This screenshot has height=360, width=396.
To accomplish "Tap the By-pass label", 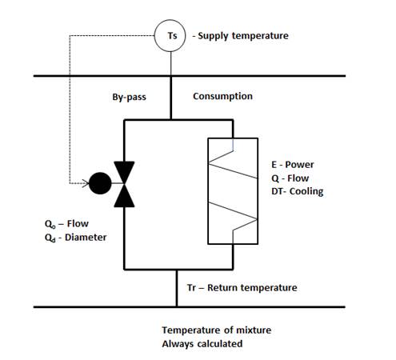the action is coord(129,97).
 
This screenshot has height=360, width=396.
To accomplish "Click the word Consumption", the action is coord(222,96).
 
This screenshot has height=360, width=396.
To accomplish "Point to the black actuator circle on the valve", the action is coord(100,183).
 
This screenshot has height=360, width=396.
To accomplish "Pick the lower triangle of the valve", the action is coord(124,195).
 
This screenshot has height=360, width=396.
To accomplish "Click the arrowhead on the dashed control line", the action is coord(86,183).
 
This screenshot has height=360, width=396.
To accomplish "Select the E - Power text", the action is coord(293,165).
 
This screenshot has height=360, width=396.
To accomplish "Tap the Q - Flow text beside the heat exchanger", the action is coord(290,178).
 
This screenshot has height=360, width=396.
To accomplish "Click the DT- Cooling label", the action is coord(298,191).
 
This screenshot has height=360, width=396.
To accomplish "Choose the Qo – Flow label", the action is coord(66,224).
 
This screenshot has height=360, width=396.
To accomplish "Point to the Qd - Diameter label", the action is coord(76,238).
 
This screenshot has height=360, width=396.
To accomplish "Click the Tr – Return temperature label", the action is coord(242,288).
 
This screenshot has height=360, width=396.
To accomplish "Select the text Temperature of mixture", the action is coord(217,330).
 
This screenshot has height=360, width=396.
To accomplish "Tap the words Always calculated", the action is coord(202,344).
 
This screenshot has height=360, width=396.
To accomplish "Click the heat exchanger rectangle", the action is coord(208,191).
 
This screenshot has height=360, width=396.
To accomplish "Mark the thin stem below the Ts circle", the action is coord(170,63).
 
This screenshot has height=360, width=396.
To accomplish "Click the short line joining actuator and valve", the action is coord(118,183).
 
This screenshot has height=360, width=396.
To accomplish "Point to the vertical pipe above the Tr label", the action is coord(177,288).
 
